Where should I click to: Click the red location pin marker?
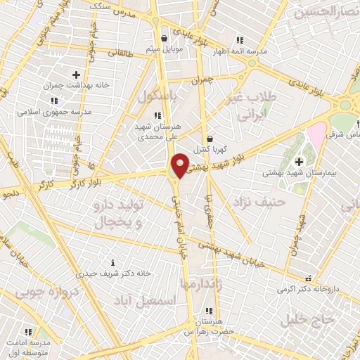[x=181, y=165]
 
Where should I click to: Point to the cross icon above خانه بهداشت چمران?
[x=77, y=74]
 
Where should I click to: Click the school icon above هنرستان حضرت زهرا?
[x=209, y=310]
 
